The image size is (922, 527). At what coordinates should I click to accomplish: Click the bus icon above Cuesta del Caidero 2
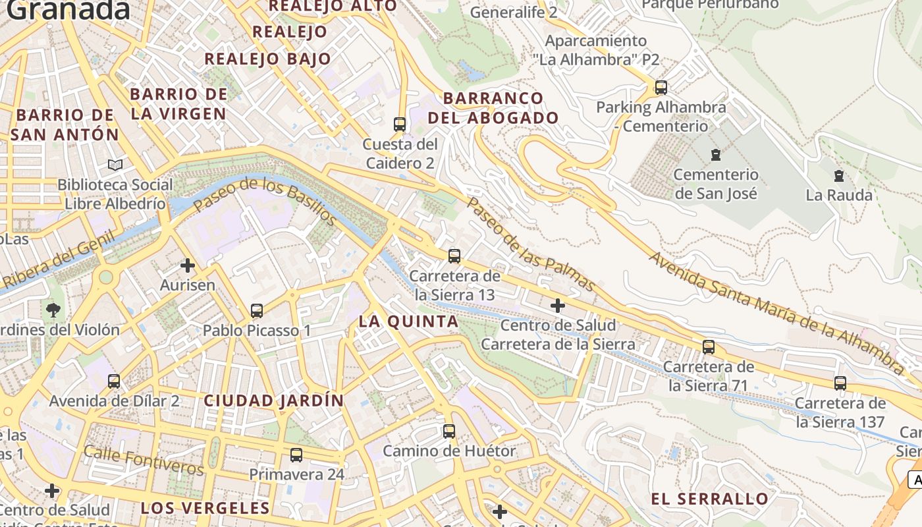click(399, 124)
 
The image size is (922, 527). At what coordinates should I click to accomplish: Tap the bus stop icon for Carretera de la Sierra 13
click(454, 256)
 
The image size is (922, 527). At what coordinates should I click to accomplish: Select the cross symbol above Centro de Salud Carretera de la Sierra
click(558, 305)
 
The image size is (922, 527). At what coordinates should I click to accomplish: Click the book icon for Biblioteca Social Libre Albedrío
click(115, 165)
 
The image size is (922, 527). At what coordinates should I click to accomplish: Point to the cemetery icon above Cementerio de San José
click(715, 155)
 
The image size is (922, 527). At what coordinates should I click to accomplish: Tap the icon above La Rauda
click(839, 176)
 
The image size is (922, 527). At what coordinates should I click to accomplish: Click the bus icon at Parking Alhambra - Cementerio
click(661, 87)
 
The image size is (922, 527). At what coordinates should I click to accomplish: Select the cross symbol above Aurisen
click(188, 265)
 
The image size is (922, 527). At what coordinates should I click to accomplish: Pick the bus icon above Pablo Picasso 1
click(257, 310)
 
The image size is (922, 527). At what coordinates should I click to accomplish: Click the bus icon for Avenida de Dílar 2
click(114, 381)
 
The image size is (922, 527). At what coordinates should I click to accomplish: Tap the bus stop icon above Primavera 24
click(296, 455)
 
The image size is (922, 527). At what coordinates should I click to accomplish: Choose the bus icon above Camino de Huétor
click(449, 431)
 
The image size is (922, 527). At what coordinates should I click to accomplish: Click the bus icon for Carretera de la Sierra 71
click(709, 347)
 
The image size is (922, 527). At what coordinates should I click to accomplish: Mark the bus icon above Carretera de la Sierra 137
click(840, 383)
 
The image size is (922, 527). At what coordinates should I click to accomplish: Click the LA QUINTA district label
click(408, 321)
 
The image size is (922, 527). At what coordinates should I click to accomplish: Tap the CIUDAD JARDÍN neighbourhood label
click(274, 401)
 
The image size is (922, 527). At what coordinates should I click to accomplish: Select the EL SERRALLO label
click(709, 499)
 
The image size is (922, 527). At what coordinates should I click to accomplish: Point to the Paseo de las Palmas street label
click(531, 244)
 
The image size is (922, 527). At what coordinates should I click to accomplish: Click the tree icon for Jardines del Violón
click(53, 309)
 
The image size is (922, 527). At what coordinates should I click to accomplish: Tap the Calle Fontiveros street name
click(144, 460)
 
